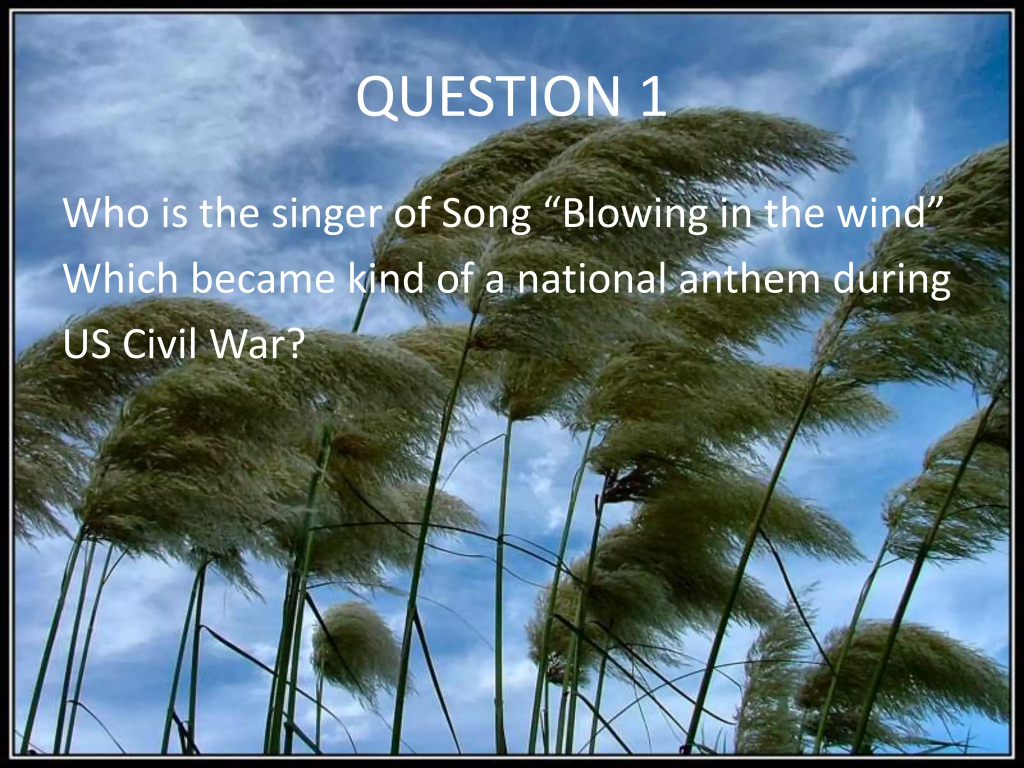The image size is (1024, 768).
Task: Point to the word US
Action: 86,345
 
